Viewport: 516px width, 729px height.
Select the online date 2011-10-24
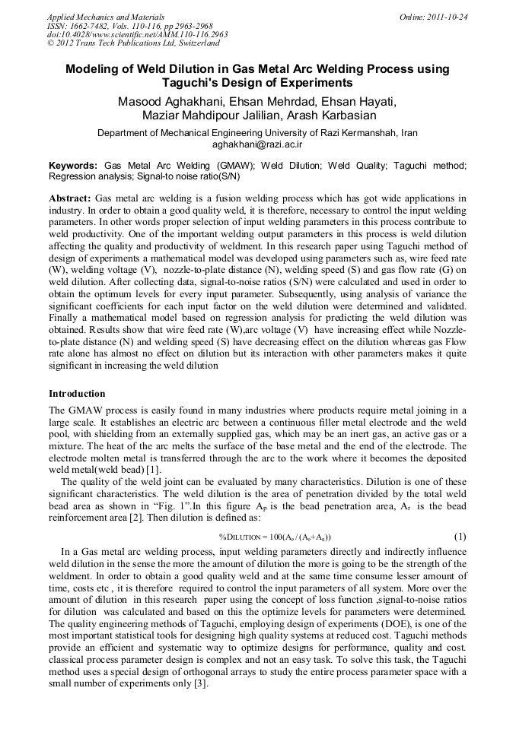coord(444,17)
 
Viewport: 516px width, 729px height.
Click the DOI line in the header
coord(137,35)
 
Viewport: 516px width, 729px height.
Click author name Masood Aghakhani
coord(170,102)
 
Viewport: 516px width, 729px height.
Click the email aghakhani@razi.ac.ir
coord(257,144)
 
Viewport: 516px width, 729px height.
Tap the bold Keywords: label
coord(73,165)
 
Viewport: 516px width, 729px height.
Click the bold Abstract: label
coord(70,198)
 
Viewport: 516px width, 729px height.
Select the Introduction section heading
coord(77,394)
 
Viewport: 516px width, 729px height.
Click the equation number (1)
coord(460,537)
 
